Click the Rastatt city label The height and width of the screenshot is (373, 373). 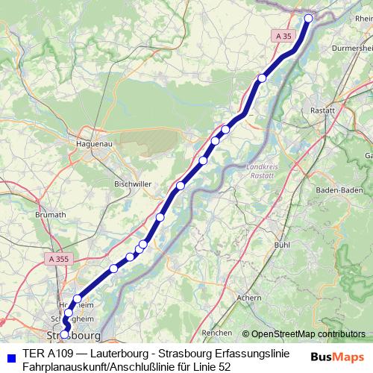pos(343,110)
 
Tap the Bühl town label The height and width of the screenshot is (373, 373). pos(281,244)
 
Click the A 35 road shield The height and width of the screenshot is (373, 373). pos(283,36)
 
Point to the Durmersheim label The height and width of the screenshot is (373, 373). pos(351,46)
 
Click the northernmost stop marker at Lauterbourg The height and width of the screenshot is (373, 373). pos(309,18)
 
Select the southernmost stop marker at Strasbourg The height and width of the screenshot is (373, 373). pos(65,333)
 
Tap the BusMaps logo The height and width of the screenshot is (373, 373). pos(338,357)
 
